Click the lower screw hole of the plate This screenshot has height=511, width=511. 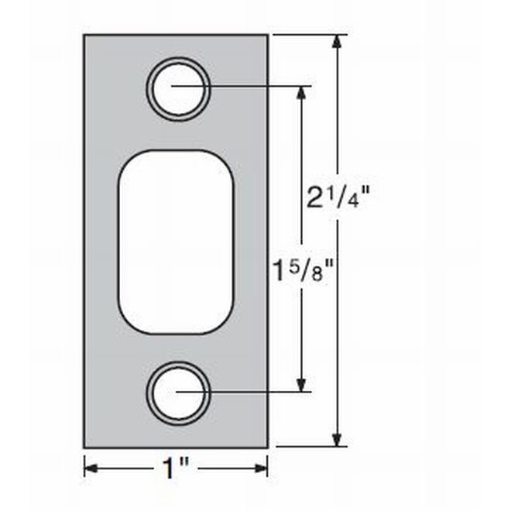pos(178,393)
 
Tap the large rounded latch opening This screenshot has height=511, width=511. pos(176,242)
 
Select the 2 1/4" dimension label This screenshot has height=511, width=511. pos(338,199)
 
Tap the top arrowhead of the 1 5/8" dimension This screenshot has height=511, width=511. pos(302,91)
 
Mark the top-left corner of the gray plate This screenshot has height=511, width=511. pos(85,36)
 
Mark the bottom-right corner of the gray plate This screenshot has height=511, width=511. pos(267,447)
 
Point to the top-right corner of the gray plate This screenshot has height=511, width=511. pos(267,36)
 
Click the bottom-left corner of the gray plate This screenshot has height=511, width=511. pos(85,447)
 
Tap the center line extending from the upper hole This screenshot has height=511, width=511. pos(248,85)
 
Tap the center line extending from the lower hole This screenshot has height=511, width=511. pos(248,392)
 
